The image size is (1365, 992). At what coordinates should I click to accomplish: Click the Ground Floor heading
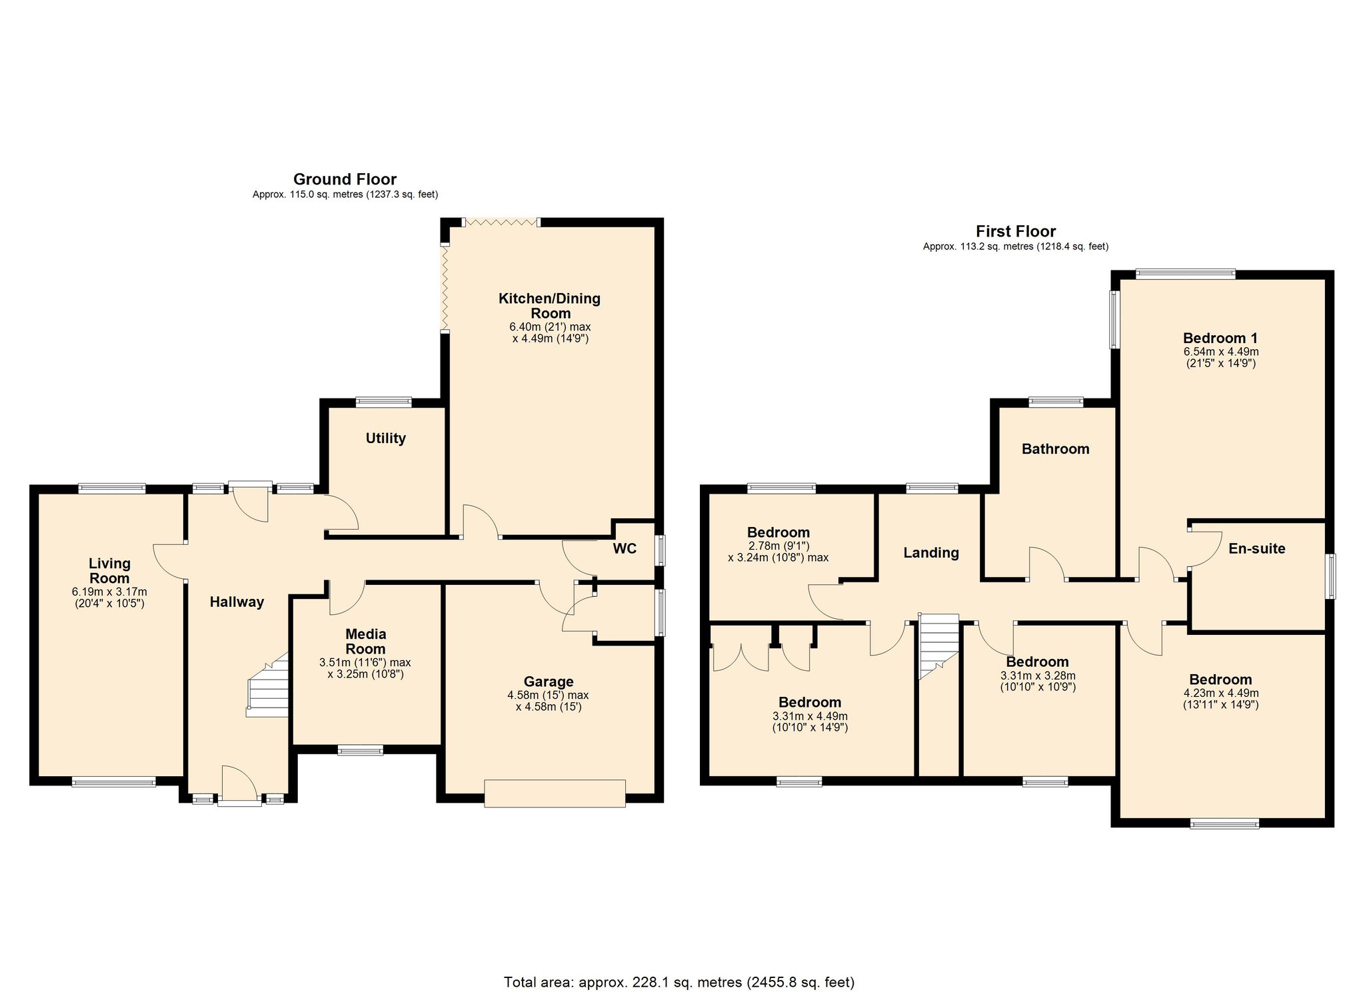coord(345,179)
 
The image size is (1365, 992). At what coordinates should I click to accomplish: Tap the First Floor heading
coord(1015,231)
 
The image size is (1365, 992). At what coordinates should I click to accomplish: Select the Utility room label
coord(385,438)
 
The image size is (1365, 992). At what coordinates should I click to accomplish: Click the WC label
coord(625,548)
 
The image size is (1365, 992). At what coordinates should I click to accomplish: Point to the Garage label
coord(548,682)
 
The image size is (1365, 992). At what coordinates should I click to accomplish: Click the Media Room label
coord(365,641)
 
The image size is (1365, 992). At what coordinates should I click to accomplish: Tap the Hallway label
coord(237,602)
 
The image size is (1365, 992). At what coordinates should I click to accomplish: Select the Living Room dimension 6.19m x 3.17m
coord(109,592)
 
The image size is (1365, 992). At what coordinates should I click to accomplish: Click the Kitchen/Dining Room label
coord(549,306)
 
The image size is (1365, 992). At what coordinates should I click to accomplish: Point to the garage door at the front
coord(555,793)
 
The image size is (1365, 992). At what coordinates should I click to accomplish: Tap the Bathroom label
coord(1055,449)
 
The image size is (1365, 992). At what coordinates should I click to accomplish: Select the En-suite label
coord(1256,549)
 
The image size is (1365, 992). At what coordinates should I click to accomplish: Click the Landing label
coord(930,552)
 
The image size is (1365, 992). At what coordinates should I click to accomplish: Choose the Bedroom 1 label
coord(1220,338)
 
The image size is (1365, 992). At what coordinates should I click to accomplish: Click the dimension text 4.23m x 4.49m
coord(1220,693)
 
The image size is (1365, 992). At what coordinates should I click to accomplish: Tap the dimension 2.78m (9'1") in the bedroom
coord(778,546)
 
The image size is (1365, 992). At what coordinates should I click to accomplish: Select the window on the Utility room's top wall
coord(383,402)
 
